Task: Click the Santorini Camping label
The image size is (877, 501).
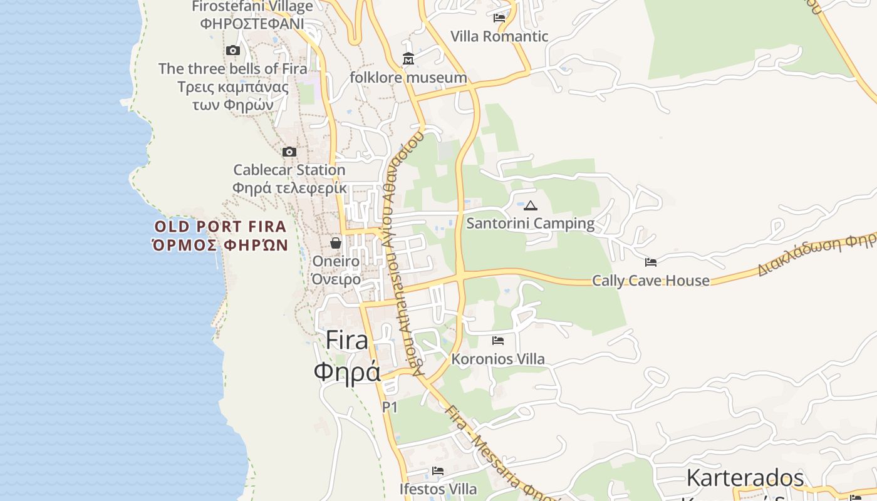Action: tap(530, 223)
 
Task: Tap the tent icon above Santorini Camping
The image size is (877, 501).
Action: tap(531, 205)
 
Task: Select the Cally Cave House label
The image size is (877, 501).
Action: tap(651, 280)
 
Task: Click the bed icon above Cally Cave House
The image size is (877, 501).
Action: tap(651, 262)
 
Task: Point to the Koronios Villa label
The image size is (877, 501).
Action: tap(498, 359)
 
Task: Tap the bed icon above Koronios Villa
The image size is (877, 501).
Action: tap(498, 341)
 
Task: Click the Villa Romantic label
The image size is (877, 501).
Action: tap(499, 36)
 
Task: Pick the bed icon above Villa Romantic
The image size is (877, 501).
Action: tap(499, 18)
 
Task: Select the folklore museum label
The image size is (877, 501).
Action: tap(408, 78)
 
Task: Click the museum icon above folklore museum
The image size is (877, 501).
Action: tap(408, 59)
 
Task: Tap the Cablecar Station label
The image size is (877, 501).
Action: tap(289, 170)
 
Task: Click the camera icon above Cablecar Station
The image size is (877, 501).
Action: tap(289, 152)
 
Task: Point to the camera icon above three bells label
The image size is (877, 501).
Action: tap(233, 50)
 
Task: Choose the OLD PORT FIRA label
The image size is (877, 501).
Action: tap(221, 227)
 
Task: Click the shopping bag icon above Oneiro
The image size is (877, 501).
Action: tap(336, 242)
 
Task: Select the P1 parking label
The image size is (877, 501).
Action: tap(390, 407)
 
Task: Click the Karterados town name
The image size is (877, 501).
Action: tap(745, 478)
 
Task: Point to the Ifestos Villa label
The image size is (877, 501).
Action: tap(438, 488)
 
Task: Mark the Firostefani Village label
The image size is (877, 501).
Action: tap(252, 7)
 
